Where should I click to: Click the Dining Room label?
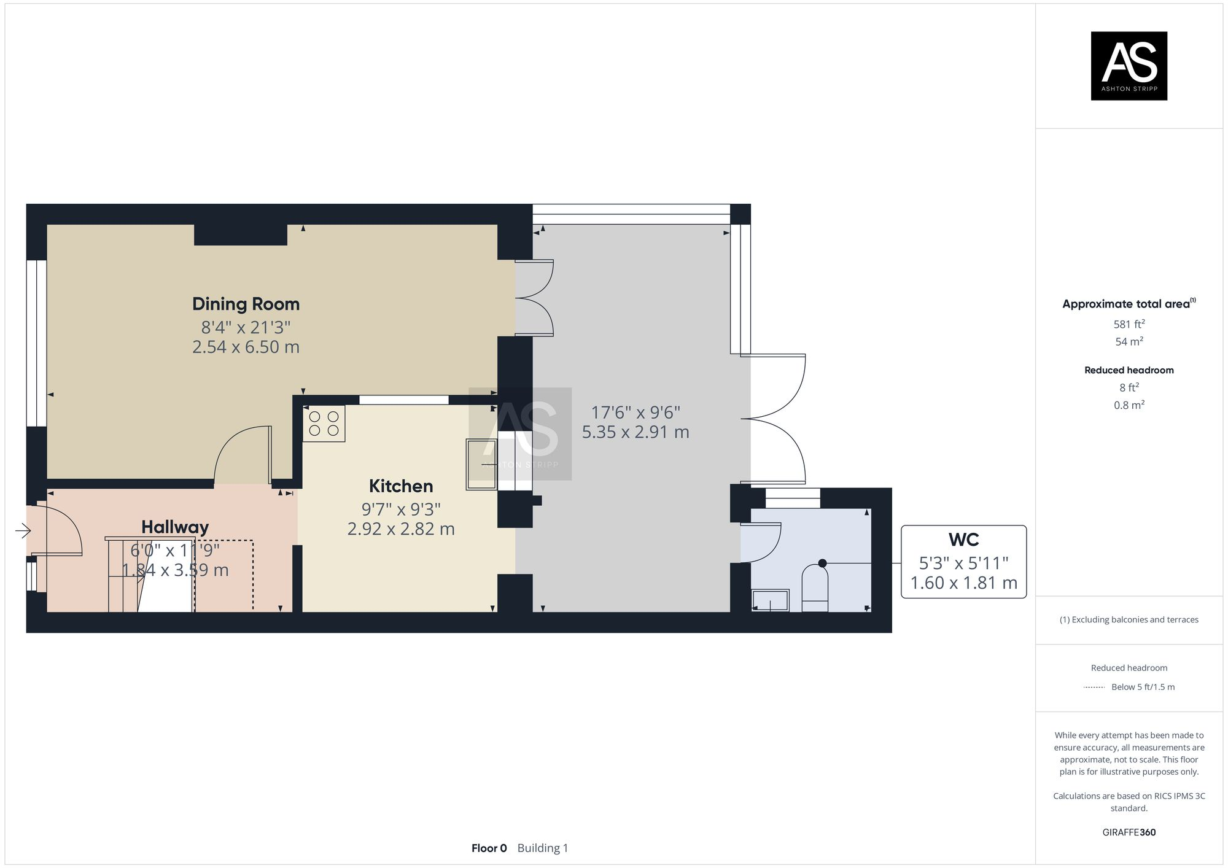(x=246, y=304)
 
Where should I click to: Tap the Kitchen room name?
(x=401, y=486)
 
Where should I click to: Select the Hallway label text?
(x=175, y=527)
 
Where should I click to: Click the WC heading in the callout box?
(x=963, y=540)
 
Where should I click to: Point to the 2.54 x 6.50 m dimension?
(x=246, y=347)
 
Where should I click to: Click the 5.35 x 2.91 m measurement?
(x=635, y=432)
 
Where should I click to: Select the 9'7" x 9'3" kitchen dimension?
(x=401, y=509)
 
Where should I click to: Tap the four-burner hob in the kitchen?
(x=324, y=424)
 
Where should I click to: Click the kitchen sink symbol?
(x=481, y=465)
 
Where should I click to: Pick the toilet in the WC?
(x=815, y=589)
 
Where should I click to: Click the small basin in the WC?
(x=770, y=600)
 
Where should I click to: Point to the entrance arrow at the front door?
(x=23, y=530)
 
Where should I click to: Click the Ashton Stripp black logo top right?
(x=1129, y=66)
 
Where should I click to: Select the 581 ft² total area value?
(x=1129, y=324)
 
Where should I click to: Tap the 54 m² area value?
(x=1129, y=341)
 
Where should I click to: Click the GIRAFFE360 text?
(x=1129, y=832)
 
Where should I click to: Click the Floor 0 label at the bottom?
(x=489, y=848)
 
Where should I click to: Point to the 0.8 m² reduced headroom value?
(x=1129, y=405)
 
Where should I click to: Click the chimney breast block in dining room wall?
(x=241, y=235)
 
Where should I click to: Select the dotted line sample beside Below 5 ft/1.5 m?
(x=1094, y=687)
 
